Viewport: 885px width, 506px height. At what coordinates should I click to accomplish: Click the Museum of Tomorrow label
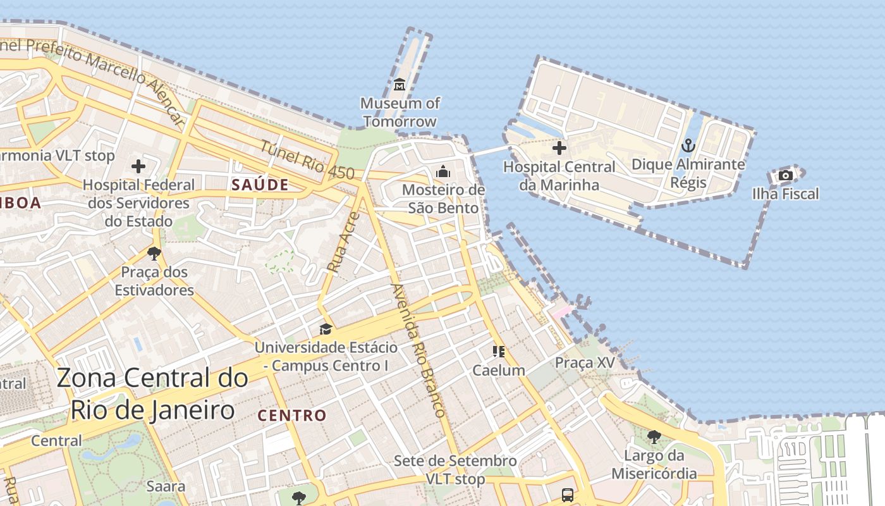pyautogui.click(x=400, y=112)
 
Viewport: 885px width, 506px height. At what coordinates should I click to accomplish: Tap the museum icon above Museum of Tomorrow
pyautogui.click(x=400, y=84)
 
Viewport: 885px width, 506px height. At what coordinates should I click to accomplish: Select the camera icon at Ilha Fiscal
pyautogui.click(x=785, y=175)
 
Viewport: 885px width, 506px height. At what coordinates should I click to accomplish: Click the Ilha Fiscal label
pyautogui.click(x=785, y=194)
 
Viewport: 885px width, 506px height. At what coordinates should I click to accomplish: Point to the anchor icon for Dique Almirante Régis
pyautogui.click(x=688, y=146)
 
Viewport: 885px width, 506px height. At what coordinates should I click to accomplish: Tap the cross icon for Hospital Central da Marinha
pyautogui.click(x=559, y=148)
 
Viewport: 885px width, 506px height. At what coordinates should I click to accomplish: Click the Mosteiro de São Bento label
pyautogui.click(x=443, y=199)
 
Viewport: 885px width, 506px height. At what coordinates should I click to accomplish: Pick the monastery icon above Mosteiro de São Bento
pyautogui.click(x=443, y=171)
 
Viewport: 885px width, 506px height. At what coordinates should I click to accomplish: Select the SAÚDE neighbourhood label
pyautogui.click(x=260, y=185)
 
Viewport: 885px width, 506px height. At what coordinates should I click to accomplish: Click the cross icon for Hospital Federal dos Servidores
pyautogui.click(x=138, y=166)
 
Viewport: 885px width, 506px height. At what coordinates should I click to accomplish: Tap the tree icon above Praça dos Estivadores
pyautogui.click(x=154, y=254)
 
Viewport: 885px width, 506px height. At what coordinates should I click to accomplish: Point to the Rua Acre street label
pyautogui.click(x=343, y=242)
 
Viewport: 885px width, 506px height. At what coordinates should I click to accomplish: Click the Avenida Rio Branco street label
pyautogui.click(x=418, y=350)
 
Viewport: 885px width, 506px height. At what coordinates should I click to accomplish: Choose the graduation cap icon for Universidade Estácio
pyautogui.click(x=326, y=329)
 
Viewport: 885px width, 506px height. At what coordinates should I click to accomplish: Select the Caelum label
pyautogui.click(x=499, y=370)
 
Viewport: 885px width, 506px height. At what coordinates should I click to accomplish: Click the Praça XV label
pyautogui.click(x=585, y=362)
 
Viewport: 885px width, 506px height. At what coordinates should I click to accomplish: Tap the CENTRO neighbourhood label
pyautogui.click(x=292, y=416)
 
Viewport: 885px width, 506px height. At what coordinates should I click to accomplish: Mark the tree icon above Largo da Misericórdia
pyautogui.click(x=654, y=436)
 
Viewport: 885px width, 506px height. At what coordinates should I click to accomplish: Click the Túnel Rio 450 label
pyautogui.click(x=307, y=159)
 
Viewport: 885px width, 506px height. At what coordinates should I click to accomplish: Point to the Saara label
pyautogui.click(x=166, y=486)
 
